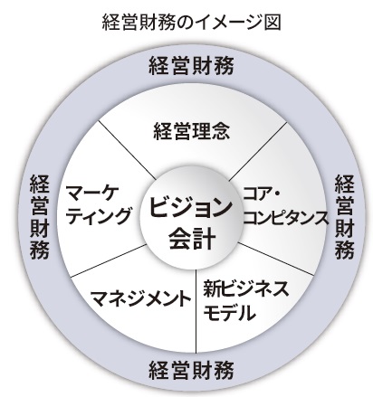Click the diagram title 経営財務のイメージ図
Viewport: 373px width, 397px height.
192,23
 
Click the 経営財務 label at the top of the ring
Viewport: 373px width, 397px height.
191,65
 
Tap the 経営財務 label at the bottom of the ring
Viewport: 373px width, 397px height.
191,370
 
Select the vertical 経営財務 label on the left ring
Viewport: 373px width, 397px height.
39,216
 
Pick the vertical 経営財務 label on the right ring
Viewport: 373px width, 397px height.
344,216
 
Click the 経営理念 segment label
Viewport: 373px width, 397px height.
192,131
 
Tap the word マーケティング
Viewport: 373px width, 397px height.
99,205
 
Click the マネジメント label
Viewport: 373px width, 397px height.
141,298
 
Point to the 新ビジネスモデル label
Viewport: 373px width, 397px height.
245,301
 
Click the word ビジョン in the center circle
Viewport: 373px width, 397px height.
191,209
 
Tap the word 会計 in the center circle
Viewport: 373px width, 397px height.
192,239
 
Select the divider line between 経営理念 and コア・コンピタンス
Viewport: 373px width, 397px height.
257,151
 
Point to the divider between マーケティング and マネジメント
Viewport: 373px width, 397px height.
108,260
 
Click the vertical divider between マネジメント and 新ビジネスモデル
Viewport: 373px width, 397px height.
196,310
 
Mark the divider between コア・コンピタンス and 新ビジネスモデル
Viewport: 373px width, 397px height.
275,259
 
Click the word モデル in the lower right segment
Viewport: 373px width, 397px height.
229,312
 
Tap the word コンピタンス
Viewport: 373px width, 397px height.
285,218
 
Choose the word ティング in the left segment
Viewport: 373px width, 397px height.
99,215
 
